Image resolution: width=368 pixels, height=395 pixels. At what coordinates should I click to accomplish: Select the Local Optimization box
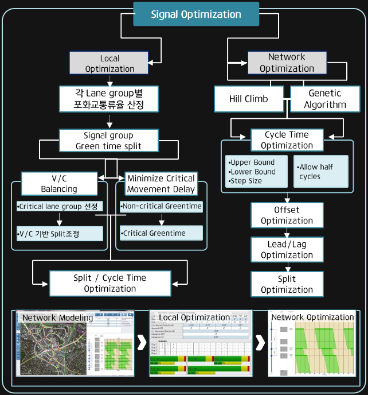(x=109, y=63)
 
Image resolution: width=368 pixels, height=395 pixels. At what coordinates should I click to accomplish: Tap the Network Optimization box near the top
(x=287, y=63)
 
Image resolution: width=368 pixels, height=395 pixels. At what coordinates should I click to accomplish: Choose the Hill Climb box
(x=248, y=99)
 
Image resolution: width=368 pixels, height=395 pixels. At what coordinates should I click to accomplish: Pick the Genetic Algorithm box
(x=324, y=99)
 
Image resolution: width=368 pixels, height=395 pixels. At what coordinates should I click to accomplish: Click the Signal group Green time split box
(x=109, y=141)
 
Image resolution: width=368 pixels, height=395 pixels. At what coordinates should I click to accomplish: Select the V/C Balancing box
(x=59, y=183)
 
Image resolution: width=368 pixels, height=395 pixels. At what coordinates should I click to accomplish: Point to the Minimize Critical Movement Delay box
(x=160, y=183)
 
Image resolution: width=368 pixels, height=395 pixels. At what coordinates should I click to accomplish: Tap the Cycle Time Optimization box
(x=287, y=140)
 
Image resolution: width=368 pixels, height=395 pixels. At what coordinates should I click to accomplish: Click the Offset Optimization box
(x=287, y=215)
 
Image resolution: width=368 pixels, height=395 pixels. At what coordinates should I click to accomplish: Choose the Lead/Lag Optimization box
(x=287, y=249)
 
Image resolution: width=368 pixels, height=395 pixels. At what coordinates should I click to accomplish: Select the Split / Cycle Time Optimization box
(x=109, y=283)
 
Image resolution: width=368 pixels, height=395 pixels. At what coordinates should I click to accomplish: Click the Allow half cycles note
(x=321, y=171)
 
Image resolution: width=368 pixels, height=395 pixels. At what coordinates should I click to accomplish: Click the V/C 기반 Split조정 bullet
(x=60, y=234)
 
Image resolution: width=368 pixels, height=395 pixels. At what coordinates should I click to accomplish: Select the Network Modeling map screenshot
(x=75, y=343)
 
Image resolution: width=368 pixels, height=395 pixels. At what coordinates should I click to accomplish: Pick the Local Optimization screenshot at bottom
(x=200, y=343)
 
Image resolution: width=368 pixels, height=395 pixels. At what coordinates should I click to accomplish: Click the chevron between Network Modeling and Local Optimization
(x=141, y=343)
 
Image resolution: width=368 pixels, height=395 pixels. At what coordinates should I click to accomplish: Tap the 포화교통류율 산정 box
(x=109, y=98)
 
